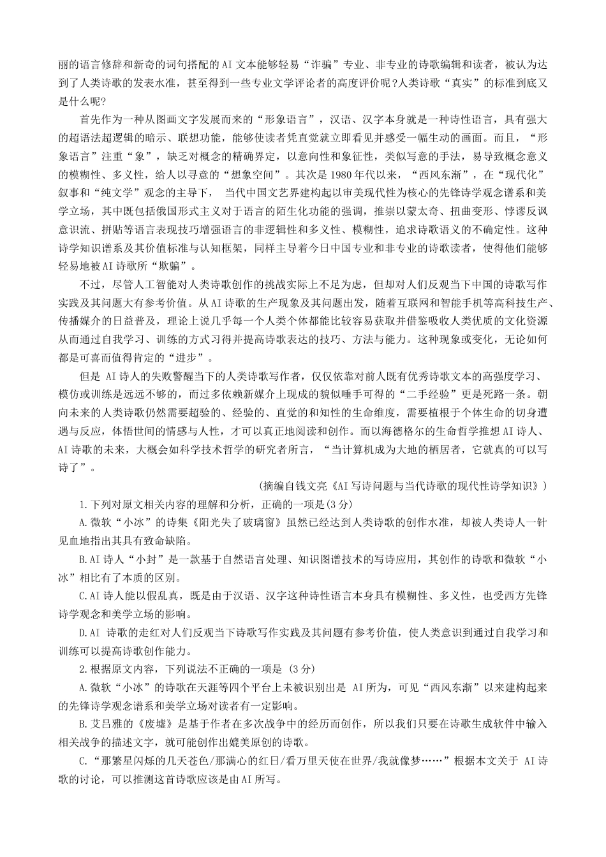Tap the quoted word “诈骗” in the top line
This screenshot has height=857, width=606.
(322, 64)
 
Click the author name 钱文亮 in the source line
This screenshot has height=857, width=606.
(313, 487)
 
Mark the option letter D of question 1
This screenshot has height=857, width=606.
(83, 634)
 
